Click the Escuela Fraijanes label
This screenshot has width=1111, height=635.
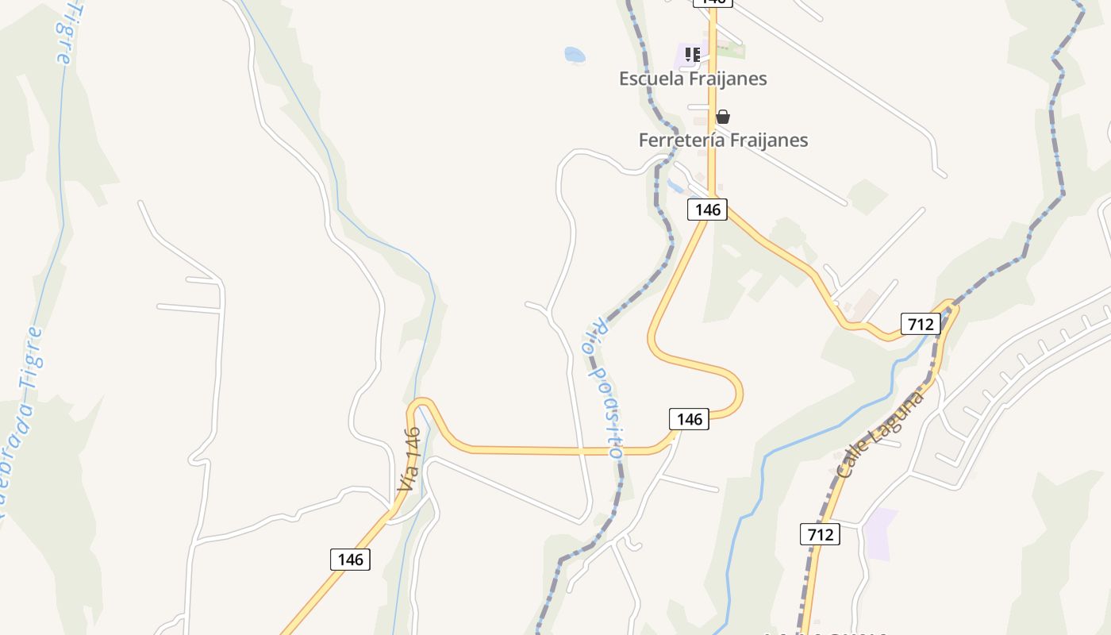tap(693, 79)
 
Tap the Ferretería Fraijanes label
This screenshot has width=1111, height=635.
tap(723, 140)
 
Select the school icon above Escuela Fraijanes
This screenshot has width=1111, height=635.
tap(692, 54)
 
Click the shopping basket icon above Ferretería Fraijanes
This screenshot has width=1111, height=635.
tap(722, 117)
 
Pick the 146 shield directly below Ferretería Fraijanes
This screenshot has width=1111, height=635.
tap(707, 210)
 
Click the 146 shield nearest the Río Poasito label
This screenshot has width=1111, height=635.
tap(689, 419)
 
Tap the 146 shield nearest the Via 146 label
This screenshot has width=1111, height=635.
tap(350, 559)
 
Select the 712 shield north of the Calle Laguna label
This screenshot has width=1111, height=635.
tap(921, 324)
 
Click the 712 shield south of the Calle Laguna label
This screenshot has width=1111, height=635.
tap(820, 534)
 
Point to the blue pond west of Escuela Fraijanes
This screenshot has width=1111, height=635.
tap(575, 55)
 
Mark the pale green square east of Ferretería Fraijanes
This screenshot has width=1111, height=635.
tap(867, 196)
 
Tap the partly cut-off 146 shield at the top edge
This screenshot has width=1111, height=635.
tap(712, 2)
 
